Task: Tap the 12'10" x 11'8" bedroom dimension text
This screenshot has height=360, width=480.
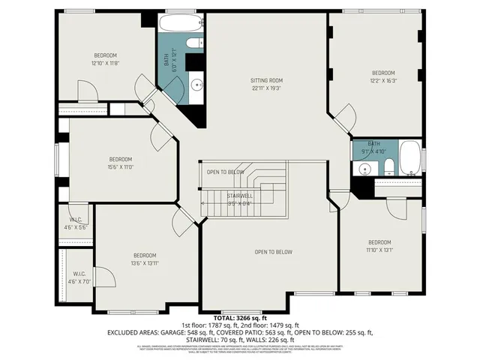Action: (x=105, y=63)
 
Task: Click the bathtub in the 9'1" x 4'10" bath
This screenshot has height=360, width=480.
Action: (x=409, y=158)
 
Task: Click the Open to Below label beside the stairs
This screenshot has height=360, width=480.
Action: (x=226, y=172)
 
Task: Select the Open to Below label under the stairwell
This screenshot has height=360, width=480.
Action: (x=273, y=252)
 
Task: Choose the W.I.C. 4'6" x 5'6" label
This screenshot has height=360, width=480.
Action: (x=75, y=223)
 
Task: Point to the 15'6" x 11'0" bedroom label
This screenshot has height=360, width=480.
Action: (x=120, y=163)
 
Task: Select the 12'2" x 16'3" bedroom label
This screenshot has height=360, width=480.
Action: (x=383, y=76)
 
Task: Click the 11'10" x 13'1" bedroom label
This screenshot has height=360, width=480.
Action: (x=379, y=246)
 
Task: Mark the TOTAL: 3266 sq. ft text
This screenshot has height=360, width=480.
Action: (x=239, y=318)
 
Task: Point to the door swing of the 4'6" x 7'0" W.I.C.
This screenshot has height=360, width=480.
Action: (x=106, y=277)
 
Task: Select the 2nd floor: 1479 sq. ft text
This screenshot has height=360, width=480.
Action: (x=274, y=325)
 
